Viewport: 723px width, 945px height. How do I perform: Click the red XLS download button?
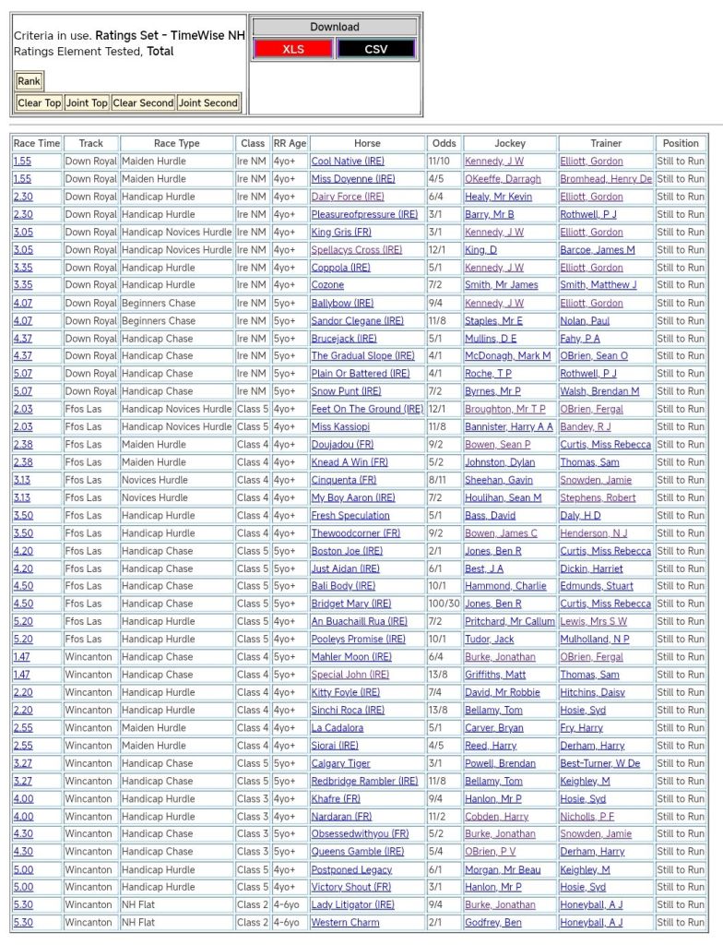click(293, 49)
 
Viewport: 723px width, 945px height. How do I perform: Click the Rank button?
click(30, 82)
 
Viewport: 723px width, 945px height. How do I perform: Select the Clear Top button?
click(40, 103)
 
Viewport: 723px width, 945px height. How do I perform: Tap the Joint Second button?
click(208, 103)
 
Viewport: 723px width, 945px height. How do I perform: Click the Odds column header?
click(444, 144)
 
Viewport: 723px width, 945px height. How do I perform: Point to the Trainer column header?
click(606, 144)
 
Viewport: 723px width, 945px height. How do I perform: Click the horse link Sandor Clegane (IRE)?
click(357, 321)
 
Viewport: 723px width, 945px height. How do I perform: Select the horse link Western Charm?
click(345, 923)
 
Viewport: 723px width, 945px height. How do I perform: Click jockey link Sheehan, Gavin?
click(498, 481)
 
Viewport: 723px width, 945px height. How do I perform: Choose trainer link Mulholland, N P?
click(595, 640)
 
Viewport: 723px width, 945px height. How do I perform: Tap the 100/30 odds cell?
click(444, 604)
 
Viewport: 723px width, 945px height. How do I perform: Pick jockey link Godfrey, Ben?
click(492, 923)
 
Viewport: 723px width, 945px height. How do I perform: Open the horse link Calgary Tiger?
click(340, 764)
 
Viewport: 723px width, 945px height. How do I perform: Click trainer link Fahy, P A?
click(580, 339)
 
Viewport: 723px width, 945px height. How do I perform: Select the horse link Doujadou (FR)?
click(342, 445)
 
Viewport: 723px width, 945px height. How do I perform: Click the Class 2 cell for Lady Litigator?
click(252, 905)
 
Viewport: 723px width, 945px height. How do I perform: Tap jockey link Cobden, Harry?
click(496, 817)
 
